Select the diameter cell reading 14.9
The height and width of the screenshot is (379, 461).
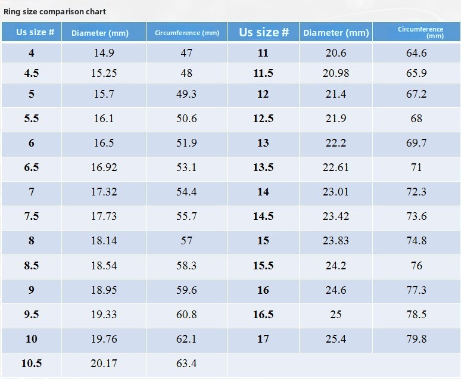(x=104, y=53)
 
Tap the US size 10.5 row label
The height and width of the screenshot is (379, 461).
(x=32, y=364)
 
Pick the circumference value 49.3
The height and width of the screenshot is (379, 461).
(x=186, y=94)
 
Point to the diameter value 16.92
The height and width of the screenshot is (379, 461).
(x=104, y=167)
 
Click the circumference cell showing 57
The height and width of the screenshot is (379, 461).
(x=186, y=241)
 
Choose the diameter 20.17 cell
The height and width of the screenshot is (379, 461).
(x=104, y=364)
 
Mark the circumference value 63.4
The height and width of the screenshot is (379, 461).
(x=186, y=364)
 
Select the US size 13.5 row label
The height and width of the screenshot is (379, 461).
(x=263, y=167)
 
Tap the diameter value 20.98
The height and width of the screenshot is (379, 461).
(x=336, y=73)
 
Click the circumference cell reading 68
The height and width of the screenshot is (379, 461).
(x=416, y=119)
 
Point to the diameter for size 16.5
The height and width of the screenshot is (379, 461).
(x=336, y=315)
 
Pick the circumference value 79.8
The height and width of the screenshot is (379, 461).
(x=416, y=339)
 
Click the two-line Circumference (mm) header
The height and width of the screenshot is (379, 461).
(x=420, y=32)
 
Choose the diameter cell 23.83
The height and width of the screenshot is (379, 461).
(x=336, y=241)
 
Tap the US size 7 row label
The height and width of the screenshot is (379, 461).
(x=32, y=192)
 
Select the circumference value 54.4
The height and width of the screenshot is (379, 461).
(x=186, y=192)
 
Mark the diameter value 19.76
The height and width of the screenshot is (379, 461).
(x=104, y=339)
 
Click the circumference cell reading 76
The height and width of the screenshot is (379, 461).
(x=416, y=266)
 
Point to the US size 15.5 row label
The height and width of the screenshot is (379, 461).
(x=263, y=266)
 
